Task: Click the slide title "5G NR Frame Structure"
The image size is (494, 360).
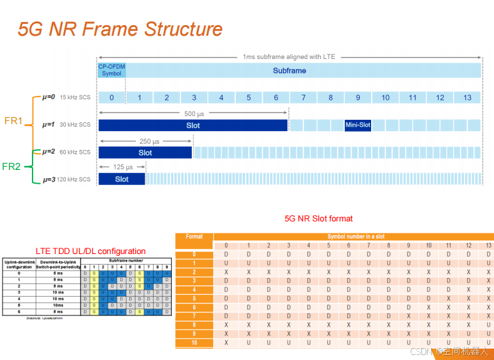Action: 120,29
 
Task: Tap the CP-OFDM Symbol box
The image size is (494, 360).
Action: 112,70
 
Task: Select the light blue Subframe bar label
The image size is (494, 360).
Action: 290,71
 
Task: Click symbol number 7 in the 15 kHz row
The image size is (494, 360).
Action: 303,97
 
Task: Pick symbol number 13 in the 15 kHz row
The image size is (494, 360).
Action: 467,97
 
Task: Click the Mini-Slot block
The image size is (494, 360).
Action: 358,125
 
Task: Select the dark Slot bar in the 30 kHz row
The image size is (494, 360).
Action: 193,125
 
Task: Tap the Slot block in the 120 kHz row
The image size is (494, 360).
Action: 122,179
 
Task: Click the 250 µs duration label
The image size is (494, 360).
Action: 145,141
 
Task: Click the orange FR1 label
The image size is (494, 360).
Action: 14,120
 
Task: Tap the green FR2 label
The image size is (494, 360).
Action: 11,166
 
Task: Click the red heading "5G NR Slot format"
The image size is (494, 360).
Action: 318,219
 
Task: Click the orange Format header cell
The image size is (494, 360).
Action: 194,237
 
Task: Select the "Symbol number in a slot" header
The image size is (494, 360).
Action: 356,236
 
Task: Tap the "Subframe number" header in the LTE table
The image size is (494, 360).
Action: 125,260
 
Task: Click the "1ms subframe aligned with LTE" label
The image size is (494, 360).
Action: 289,56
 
